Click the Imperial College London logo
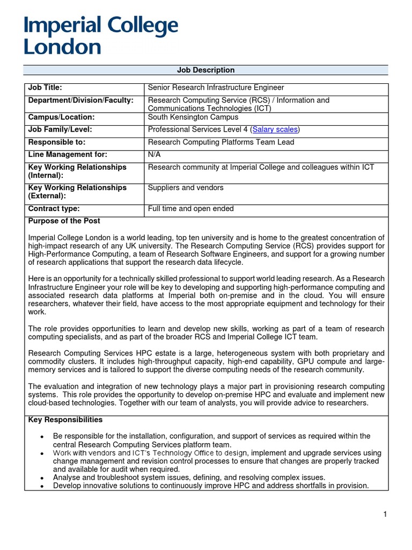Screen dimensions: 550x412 click(x=100, y=36)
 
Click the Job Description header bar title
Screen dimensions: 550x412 click(x=205, y=70)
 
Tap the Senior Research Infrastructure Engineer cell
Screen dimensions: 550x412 click(x=216, y=88)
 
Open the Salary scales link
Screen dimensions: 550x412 click(x=275, y=129)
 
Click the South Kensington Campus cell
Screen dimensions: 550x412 click(x=193, y=117)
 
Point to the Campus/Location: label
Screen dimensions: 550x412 click(x=61, y=117)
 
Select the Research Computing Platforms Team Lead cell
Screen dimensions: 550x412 click(x=221, y=142)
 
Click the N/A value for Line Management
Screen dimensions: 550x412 click(x=154, y=155)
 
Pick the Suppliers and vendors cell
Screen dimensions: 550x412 click(x=186, y=188)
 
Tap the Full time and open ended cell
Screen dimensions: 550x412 click(x=190, y=209)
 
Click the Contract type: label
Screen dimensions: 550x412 click(x=54, y=209)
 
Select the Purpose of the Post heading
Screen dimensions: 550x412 click(x=64, y=221)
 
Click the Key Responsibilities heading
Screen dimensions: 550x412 click(x=65, y=420)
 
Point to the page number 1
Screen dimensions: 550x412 click(x=385, y=515)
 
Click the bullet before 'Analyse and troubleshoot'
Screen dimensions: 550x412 click(x=42, y=477)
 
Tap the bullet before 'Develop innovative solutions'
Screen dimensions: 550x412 click(x=42, y=486)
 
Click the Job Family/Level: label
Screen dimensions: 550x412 click(x=60, y=129)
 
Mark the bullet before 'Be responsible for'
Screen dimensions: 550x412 click(x=42, y=437)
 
